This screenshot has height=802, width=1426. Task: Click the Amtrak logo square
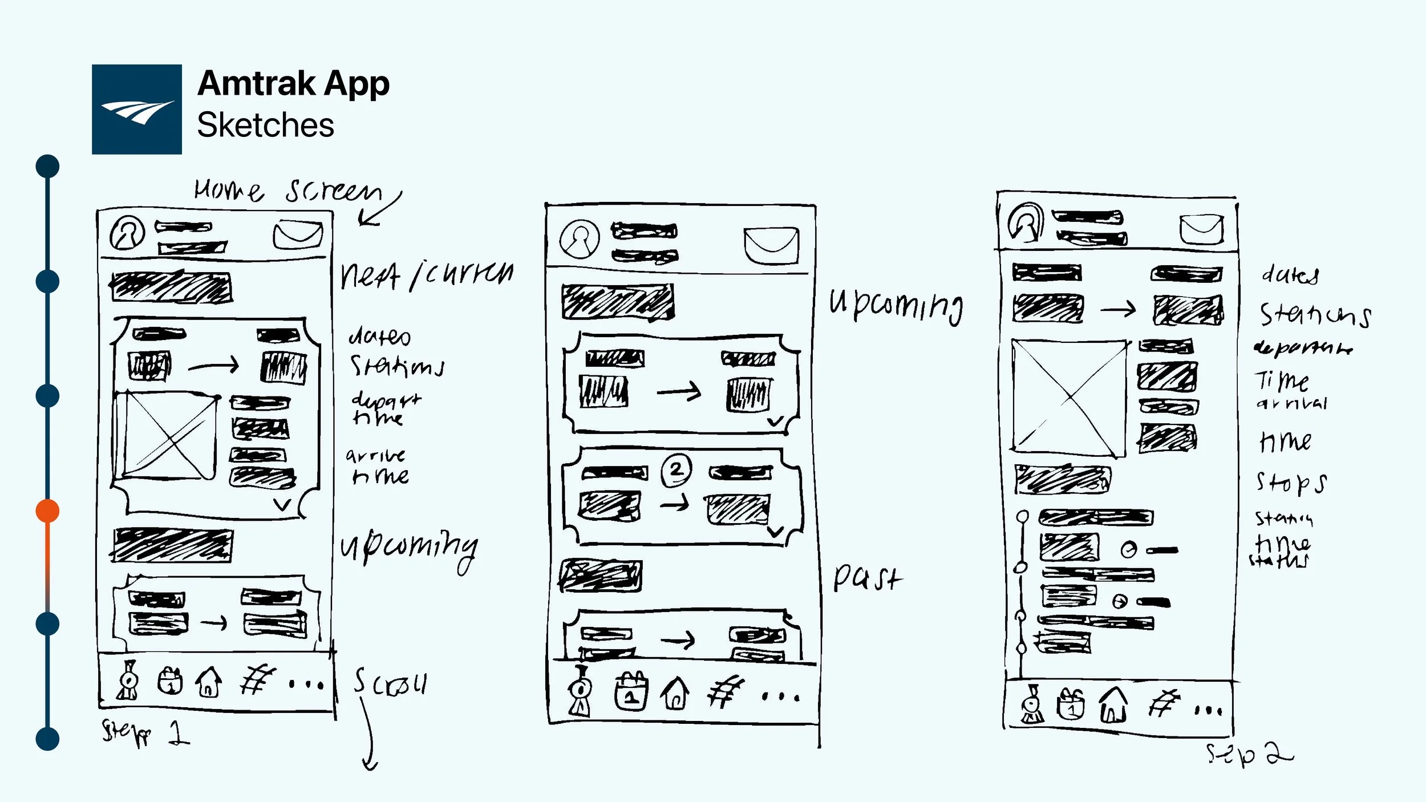coord(137,109)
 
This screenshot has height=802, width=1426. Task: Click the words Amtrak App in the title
coord(293,84)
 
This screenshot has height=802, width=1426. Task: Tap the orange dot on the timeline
coord(47,511)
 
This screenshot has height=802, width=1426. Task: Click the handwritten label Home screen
coord(288,190)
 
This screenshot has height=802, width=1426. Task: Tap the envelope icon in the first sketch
coord(298,234)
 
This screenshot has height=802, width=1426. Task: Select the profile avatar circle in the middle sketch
coord(580,239)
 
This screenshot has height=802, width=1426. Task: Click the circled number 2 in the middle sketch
coord(676,470)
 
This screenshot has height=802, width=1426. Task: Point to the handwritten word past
coord(866,577)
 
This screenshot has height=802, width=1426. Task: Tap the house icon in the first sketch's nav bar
coord(208,682)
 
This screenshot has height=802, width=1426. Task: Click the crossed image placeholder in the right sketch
coord(1068,398)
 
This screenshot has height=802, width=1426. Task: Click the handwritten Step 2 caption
coord(1249,754)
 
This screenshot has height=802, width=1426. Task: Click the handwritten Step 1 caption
coord(145,732)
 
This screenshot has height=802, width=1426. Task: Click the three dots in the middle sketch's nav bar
coord(781,696)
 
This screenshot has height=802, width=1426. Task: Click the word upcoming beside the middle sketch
coord(896,305)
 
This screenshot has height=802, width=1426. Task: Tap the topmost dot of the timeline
coord(47,166)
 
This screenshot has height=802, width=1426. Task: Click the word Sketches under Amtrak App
coord(265,125)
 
